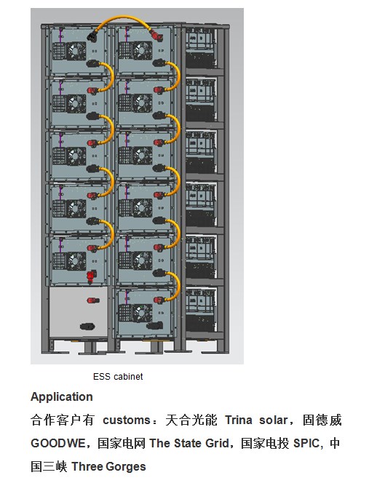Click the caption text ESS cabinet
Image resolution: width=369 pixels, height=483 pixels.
(118, 376)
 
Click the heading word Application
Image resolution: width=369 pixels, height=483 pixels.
(62, 396)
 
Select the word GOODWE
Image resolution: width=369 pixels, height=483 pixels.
(58, 443)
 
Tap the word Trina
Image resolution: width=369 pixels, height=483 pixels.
(238, 420)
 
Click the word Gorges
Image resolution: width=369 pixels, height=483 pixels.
(125, 467)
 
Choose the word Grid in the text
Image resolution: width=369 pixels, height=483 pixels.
(217, 443)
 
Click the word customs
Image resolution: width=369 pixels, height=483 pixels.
(127, 420)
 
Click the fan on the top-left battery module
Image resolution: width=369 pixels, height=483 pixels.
(76, 51)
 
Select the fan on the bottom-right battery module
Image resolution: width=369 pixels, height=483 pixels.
(142, 313)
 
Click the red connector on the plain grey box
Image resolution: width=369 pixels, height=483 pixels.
(93, 300)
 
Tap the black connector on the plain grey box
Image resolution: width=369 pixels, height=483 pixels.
(87, 327)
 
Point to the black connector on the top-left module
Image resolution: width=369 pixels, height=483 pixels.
(92, 36)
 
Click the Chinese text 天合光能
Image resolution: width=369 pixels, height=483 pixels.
(191, 420)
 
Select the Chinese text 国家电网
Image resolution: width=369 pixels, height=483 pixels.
(121, 443)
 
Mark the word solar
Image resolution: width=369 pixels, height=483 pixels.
(273, 420)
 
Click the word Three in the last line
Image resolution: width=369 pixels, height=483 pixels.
(87, 467)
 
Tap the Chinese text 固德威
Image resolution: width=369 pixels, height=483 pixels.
(322, 420)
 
